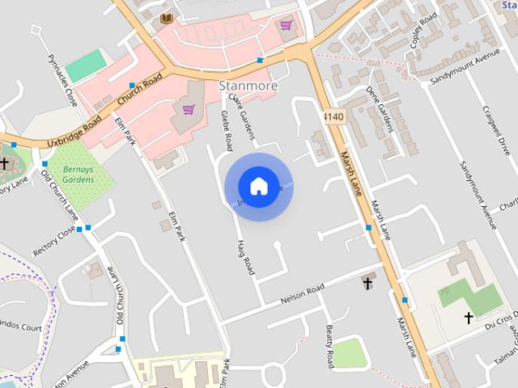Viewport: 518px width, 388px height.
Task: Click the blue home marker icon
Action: pyautogui.click(x=259, y=186)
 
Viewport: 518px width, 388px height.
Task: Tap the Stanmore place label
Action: pyautogui.click(x=248, y=86)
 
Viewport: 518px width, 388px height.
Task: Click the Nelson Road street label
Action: pyautogui.click(x=302, y=293)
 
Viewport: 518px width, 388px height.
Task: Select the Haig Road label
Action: pyautogui.click(x=245, y=258)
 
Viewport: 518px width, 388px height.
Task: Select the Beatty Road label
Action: pyautogui.click(x=329, y=344)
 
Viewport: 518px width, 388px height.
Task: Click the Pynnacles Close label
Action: pyautogui.click(x=62, y=82)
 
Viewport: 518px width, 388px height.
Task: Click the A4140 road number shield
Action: pyautogui.click(x=333, y=117)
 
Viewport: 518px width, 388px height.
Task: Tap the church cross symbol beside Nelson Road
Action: pyautogui.click(x=367, y=282)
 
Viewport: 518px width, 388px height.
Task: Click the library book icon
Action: pyautogui.click(x=167, y=18)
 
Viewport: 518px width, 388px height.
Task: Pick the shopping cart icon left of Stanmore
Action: pyautogui.click(x=188, y=109)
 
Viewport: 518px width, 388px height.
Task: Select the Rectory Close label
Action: pyautogui.click(x=54, y=241)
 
